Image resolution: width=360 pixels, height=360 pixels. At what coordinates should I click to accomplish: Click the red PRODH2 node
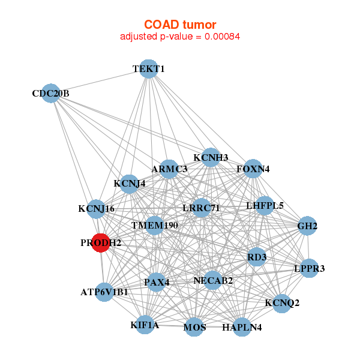(x=100, y=243)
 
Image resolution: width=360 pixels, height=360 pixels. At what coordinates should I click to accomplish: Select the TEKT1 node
(x=148, y=69)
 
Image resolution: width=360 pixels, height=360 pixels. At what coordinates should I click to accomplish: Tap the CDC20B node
(x=52, y=94)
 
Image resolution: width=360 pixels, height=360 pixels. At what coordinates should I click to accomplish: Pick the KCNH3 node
(x=211, y=158)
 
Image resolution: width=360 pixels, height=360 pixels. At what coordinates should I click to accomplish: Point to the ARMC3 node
(x=169, y=169)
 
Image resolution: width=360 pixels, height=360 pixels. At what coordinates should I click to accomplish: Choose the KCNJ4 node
(x=129, y=184)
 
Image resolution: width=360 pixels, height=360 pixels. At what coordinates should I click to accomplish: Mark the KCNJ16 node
(x=96, y=209)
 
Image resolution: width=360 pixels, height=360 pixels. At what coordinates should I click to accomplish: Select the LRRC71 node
(x=202, y=208)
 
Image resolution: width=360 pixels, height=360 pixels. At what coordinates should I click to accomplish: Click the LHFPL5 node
(x=265, y=206)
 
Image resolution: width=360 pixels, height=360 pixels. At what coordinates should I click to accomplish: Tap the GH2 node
(x=307, y=226)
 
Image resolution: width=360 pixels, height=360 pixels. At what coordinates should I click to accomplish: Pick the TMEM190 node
(x=155, y=226)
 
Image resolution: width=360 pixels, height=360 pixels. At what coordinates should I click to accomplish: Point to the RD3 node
(x=257, y=257)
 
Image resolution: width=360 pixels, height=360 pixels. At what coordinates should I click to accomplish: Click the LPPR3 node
(x=308, y=268)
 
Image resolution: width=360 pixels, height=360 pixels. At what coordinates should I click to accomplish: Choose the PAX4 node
(x=157, y=282)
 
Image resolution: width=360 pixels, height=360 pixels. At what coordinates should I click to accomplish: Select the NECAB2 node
(x=213, y=280)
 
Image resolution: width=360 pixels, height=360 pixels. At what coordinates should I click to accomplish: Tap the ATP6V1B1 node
(x=104, y=292)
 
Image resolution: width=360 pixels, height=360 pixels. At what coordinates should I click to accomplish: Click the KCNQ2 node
(x=281, y=302)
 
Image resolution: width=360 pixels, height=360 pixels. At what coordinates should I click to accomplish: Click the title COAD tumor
(x=180, y=25)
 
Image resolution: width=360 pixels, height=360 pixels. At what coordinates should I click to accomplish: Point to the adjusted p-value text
(x=180, y=37)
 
